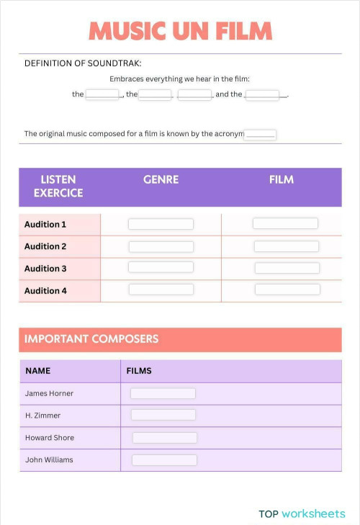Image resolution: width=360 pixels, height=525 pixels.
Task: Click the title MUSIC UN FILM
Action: [x=180, y=32]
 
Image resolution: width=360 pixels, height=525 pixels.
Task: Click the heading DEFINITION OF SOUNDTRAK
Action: [x=83, y=63]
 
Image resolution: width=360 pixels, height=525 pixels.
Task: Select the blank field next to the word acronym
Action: [x=260, y=134]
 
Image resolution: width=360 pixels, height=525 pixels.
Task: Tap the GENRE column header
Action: [x=161, y=179]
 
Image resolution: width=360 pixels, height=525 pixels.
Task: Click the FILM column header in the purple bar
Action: [x=282, y=179]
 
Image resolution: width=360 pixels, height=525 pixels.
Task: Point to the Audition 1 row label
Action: [x=45, y=225]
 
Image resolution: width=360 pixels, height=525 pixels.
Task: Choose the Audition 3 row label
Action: [x=45, y=269]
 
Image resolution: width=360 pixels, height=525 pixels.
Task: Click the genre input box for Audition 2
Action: [x=161, y=246]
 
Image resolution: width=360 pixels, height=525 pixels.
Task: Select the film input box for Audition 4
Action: [x=287, y=290]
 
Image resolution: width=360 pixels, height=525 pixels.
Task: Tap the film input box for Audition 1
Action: [x=285, y=224]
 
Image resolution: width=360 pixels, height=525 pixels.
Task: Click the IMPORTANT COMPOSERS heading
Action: [x=91, y=338]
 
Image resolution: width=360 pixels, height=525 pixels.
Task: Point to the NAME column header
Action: [x=38, y=371]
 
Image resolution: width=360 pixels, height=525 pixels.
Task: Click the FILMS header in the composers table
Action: [x=139, y=371]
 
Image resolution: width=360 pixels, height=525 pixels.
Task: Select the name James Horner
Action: [x=49, y=393]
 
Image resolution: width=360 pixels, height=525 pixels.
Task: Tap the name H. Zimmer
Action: [x=42, y=416]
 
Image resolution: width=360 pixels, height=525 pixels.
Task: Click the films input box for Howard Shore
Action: [x=164, y=438]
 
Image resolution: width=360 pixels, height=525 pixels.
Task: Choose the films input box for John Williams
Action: [x=164, y=460]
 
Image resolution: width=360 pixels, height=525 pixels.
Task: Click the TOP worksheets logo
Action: [x=302, y=513]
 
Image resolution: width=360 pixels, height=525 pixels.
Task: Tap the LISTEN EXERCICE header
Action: [x=58, y=186]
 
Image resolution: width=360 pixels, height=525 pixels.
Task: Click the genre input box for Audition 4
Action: [x=161, y=290]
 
